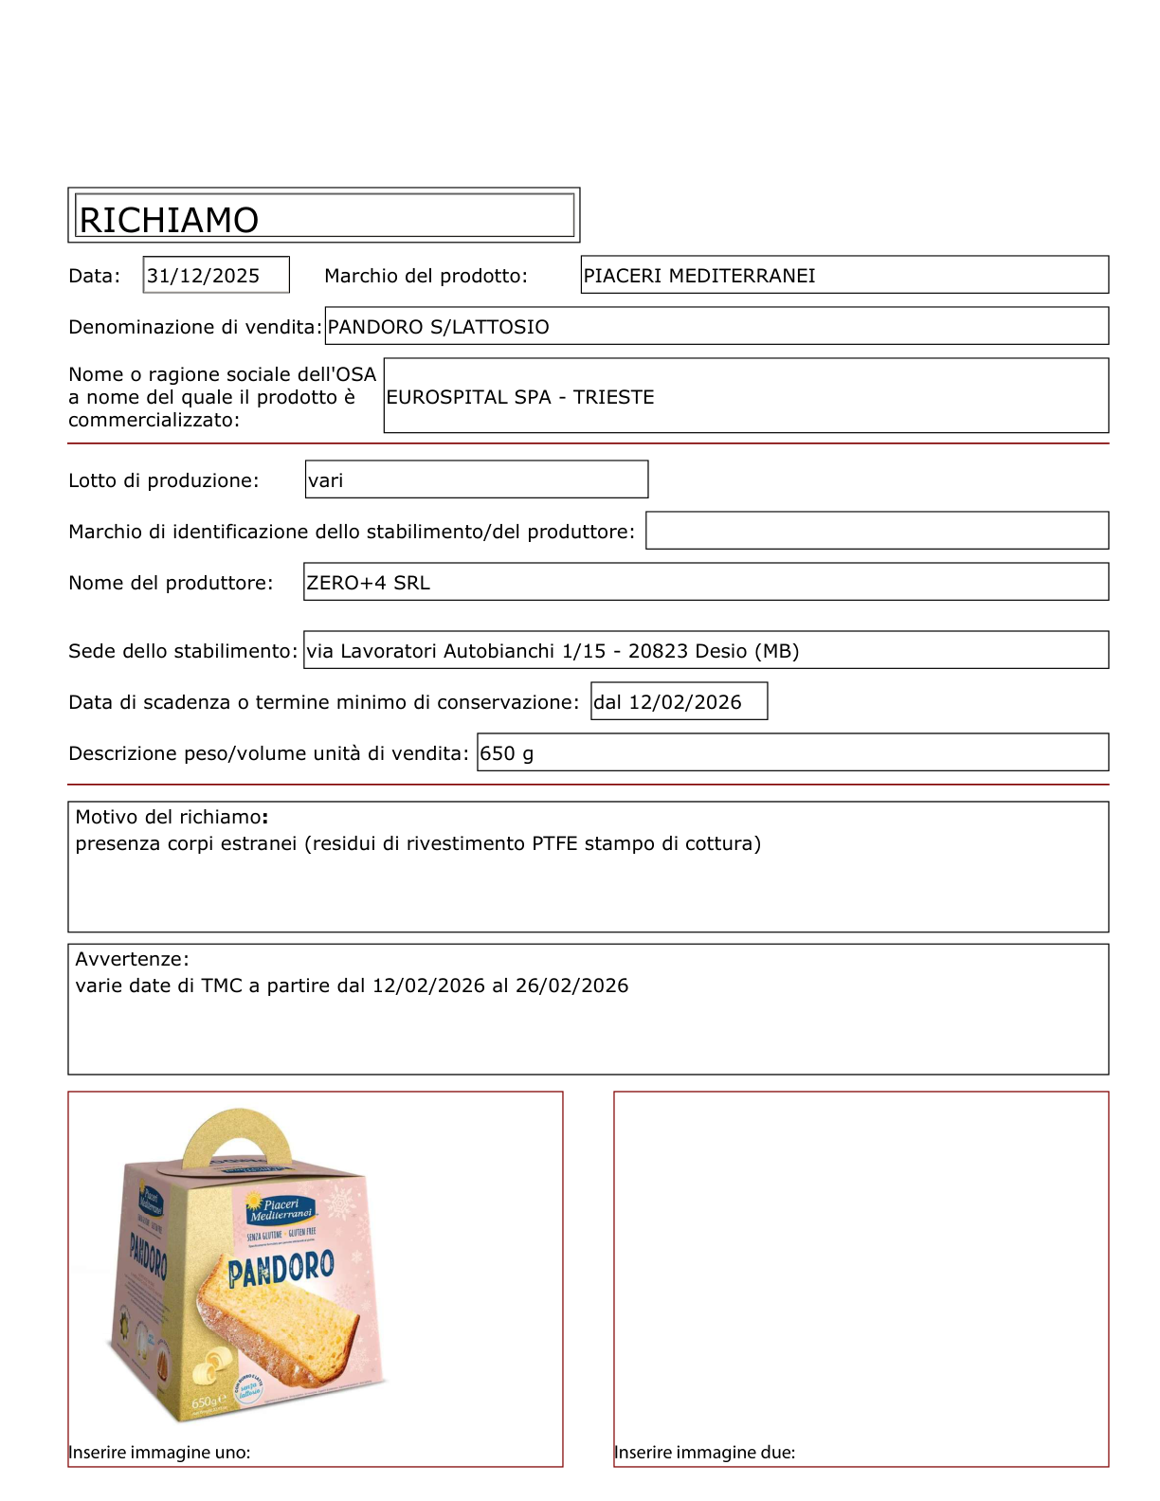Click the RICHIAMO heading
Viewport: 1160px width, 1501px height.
click(x=169, y=220)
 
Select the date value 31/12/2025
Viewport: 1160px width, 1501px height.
click(x=203, y=276)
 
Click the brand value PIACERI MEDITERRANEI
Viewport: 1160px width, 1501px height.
click(x=699, y=276)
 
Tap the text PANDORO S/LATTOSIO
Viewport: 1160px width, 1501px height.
click(x=438, y=327)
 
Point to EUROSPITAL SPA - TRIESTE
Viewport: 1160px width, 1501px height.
click(x=519, y=397)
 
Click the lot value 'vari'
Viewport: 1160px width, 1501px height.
click(x=325, y=480)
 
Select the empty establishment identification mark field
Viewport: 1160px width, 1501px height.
click(x=877, y=531)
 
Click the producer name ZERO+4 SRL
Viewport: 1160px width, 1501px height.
click(x=368, y=583)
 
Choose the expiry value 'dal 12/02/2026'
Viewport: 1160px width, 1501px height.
click(x=667, y=702)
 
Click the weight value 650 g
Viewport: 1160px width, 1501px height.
click(x=506, y=753)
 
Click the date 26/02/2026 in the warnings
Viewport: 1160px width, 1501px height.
click(x=571, y=986)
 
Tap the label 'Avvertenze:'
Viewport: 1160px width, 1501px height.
click(x=132, y=959)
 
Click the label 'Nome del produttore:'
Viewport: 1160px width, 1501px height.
click(x=171, y=583)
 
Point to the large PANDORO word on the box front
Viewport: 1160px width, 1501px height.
click(x=281, y=1270)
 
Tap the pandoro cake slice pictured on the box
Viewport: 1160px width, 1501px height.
click(x=280, y=1327)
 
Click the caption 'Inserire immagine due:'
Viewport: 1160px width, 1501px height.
click(x=704, y=1453)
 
